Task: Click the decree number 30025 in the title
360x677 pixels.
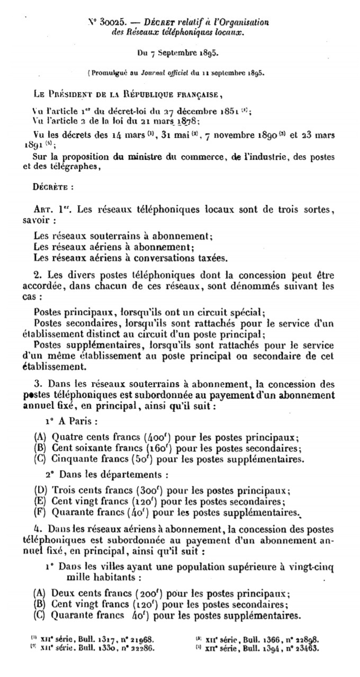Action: [111, 22]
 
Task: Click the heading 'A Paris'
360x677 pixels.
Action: [79, 422]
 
